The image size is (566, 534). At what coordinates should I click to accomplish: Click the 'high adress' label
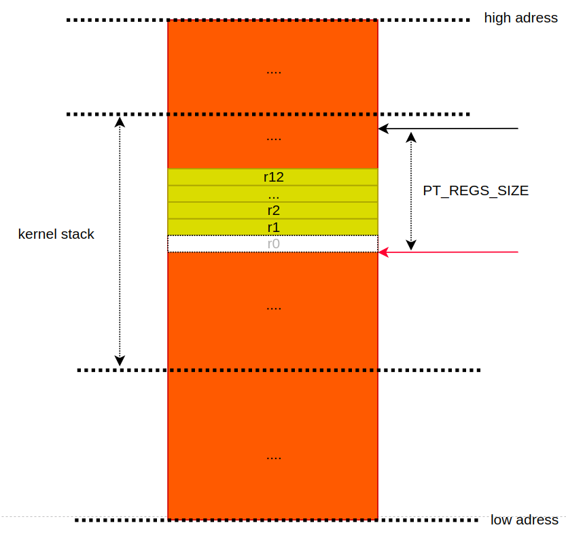pos(520,18)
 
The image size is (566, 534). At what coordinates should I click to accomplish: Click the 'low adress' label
pos(524,520)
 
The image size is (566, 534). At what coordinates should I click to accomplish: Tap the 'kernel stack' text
pos(56,235)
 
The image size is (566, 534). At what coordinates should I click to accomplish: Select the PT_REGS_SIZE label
pos(476,191)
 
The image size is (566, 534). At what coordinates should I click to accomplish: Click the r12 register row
pos(273,177)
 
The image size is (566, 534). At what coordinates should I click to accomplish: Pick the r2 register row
pos(273,210)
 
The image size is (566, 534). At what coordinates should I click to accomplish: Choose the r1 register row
pos(273,227)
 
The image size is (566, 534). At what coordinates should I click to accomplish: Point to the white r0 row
pos(273,244)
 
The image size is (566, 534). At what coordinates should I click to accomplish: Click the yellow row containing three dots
pos(273,194)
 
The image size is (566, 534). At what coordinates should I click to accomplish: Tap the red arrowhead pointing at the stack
pos(383,252)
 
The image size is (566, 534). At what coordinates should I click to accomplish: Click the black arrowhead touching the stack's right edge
pos(383,128)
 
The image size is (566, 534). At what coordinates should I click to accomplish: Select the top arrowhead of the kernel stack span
pos(120,122)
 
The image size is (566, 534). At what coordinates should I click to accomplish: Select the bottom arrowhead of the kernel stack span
pos(120,360)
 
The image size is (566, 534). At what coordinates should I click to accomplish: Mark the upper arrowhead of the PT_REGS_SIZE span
pos(410,137)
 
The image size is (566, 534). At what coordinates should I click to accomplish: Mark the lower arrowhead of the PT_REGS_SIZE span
pos(410,244)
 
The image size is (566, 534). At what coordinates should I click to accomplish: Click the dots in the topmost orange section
pos(273,71)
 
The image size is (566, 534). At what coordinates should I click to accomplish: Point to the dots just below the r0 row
pos(273,308)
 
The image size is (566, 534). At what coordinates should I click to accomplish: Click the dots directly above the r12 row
pos(273,139)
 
